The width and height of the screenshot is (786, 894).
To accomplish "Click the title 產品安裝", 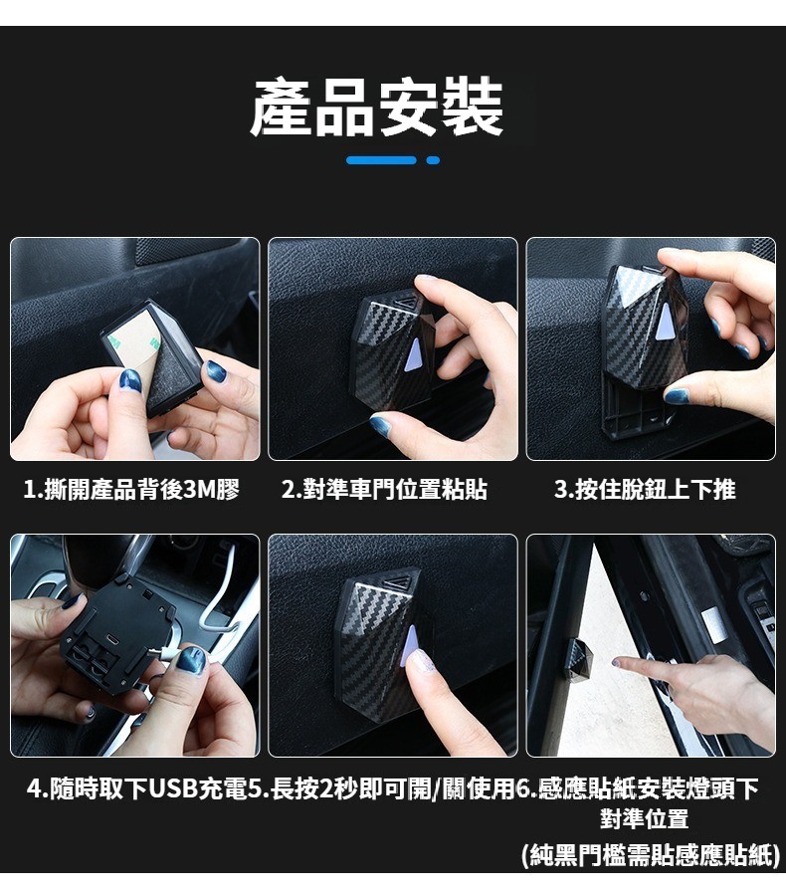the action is (x=377, y=108).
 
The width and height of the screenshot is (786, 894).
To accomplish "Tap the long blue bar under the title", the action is (x=381, y=160).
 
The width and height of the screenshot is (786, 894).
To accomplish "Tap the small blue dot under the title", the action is (x=433, y=160).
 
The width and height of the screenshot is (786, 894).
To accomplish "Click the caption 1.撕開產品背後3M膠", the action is (x=131, y=490).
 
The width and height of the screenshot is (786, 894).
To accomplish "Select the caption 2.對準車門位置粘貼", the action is (x=384, y=490).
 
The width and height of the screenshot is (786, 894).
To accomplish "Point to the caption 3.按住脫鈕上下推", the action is (x=645, y=490).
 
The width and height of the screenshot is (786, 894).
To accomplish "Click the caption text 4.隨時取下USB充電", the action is (x=137, y=789).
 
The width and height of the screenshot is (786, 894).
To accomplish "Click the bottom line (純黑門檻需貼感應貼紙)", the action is (x=651, y=854).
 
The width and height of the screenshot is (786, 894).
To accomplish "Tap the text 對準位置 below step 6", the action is (x=644, y=818).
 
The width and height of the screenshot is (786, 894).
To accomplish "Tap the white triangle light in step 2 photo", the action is (x=412, y=355).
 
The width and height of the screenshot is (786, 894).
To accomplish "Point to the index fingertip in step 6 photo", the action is (x=617, y=662).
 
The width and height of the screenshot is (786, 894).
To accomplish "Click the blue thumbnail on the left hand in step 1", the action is (x=130, y=379).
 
